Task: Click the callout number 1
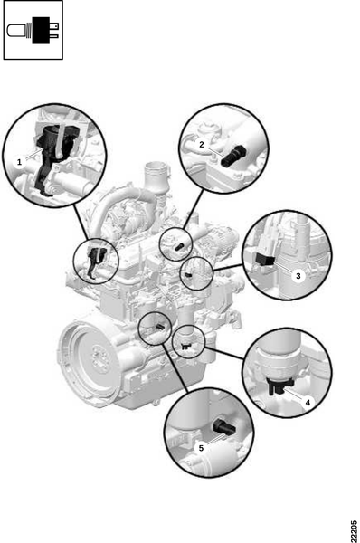tap(19, 162)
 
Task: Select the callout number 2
tap(202, 145)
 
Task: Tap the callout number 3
tap(298, 276)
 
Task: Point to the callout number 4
tap(308, 402)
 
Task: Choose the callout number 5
tap(201, 448)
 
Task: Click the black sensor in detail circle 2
tap(233, 156)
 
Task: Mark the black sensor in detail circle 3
tap(265, 259)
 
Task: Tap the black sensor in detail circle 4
tap(279, 386)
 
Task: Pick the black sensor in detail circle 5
tap(223, 426)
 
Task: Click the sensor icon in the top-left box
tap(33, 30)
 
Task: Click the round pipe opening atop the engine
tap(157, 170)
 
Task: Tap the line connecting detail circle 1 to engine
tap(81, 222)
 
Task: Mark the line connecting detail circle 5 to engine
tap(175, 367)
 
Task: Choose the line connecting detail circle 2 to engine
tap(194, 209)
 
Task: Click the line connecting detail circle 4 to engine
tap(224, 353)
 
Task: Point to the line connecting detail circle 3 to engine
tap(229, 268)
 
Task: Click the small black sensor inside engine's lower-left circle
tap(159, 327)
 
